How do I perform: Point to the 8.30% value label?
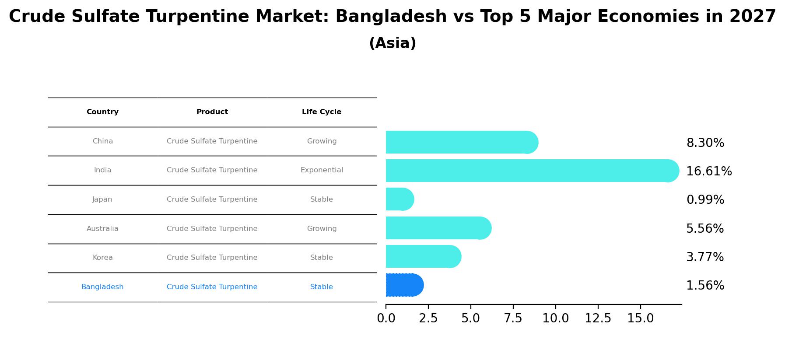click(705, 143)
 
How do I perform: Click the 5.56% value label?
click(704, 229)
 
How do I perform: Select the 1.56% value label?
click(705, 286)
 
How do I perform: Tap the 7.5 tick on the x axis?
click(513, 318)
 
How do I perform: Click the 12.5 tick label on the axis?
click(598, 318)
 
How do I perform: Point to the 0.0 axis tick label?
click(386, 318)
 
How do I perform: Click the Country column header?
click(102, 112)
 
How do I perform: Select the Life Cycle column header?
click(322, 112)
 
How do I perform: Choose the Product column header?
click(212, 112)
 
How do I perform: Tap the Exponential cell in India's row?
click(322, 170)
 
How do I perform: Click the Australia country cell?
click(102, 229)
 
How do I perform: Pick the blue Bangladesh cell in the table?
click(102, 287)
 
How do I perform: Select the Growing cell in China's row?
click(322, 141)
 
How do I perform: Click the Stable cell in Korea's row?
click(322, 258)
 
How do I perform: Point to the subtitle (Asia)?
click(392, 43)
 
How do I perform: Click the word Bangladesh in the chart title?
click(391, 17)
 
